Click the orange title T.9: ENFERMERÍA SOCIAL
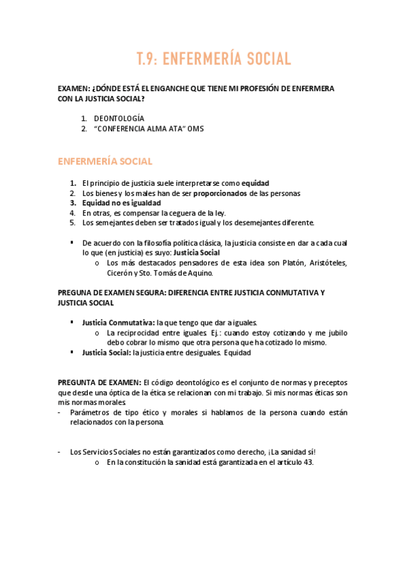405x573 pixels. click(x=213, y=59)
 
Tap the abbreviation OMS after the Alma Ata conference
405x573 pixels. click(x=195, y=128)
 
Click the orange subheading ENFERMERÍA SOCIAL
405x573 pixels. click(x=105, y=161)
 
